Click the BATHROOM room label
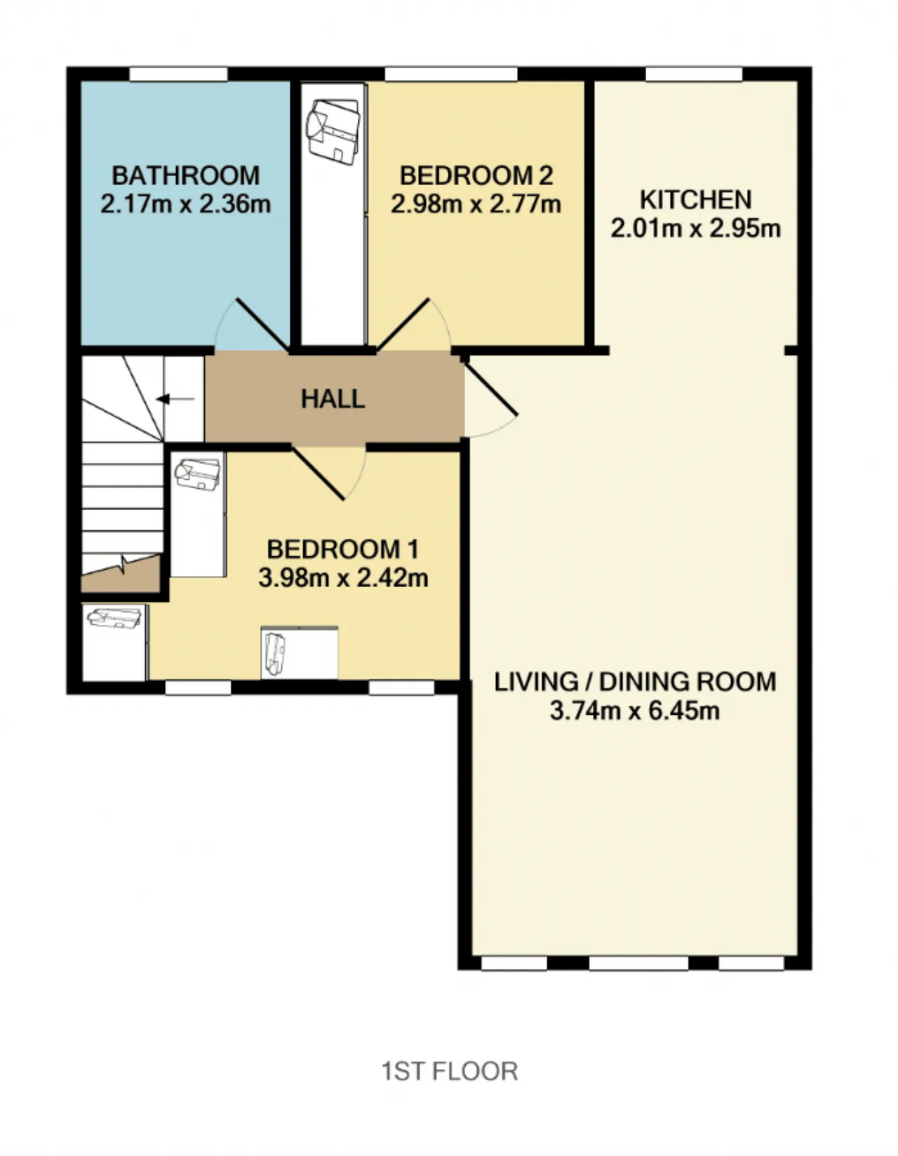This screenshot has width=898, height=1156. click(x=186, y=176)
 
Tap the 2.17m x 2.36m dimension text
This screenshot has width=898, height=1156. click(x=186, y=204)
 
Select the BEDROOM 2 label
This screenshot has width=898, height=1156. click(x=476, y=176)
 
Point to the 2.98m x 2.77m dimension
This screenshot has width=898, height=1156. click(x=476, y=204)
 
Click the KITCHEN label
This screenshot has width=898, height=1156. click(x=695, y=200)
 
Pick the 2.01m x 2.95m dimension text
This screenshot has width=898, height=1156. click(x=695, y=229)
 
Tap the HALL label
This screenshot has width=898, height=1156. click(x=333, y=399)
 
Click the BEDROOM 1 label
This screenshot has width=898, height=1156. click(x=343, y=549)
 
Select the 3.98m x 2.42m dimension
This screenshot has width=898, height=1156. click(x=343, y=578)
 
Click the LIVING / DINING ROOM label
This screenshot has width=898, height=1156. click(x=635, y=682)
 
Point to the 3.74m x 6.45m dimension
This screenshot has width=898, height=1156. click(x=635, y=711)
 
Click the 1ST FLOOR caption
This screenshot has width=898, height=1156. click(x=450, y=1071)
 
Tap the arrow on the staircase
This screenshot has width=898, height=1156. click(x=175, y=399)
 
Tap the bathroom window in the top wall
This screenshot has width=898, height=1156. click(x=179, y=74)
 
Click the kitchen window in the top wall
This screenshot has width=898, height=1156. click(x=694, y=74)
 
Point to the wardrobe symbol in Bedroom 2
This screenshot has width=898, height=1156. click(x=334, y=215)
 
